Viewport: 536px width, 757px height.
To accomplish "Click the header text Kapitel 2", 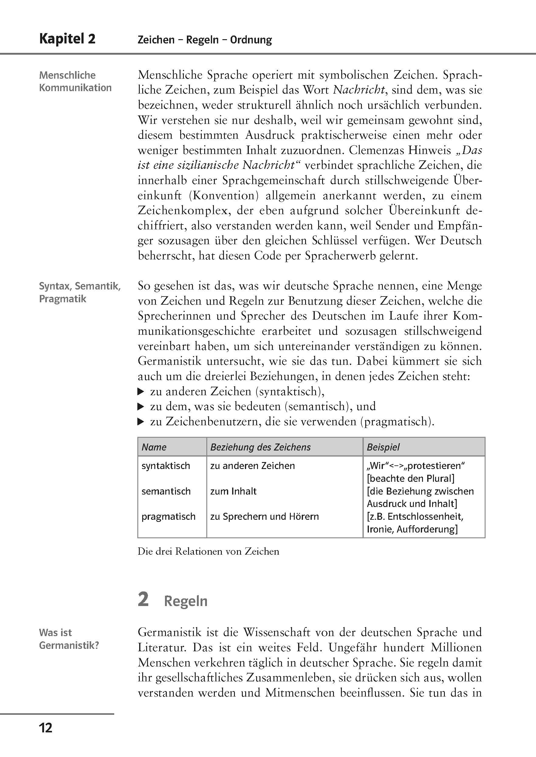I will click(67, 39).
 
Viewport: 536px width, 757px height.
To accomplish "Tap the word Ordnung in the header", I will click(251, 40).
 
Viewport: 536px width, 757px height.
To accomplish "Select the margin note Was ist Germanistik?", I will click(69, 639).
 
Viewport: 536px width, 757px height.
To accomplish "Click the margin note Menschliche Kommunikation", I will click(75, 81).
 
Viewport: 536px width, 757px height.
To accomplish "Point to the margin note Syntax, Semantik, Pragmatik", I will click(80, 292).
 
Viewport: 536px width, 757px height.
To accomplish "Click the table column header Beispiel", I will click(383, 447).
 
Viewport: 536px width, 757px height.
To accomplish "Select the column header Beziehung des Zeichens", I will click(260, 447).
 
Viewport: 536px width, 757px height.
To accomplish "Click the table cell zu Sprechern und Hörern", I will click(264, 516).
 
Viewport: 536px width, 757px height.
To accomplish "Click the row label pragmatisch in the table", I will click(168, 516).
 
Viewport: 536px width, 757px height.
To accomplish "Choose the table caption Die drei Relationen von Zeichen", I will click(208, 551).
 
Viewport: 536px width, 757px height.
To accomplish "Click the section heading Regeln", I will click(185, 601).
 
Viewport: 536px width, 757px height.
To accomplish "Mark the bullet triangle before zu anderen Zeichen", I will click(141, 392).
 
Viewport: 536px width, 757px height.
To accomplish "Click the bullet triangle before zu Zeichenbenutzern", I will click(141, 422).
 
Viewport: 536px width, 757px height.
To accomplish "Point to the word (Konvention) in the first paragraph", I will click(223, 195).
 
